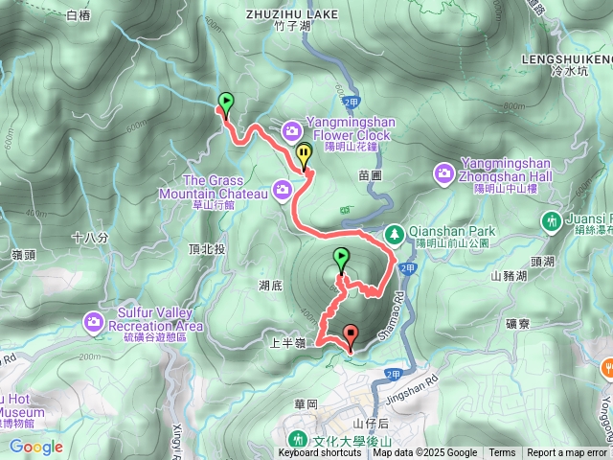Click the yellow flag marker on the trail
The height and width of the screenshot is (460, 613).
click(x=305, y=154)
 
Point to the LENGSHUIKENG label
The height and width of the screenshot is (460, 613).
click(x=567, y=57)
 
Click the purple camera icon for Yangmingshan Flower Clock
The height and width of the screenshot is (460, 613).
click(x=291, y=129)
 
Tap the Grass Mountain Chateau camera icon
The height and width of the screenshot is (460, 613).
click(x=283, y=191)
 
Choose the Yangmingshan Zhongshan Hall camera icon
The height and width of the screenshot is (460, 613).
click(x=444, y=172)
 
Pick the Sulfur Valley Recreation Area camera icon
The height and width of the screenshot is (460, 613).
click(x=95, y=320)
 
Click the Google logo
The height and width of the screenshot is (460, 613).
click(x=35, y=447)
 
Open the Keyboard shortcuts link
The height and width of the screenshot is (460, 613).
click(x=320, y=453)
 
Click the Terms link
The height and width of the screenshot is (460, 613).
click(x=502, y=453)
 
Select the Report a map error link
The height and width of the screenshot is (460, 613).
click(x=567, y=453)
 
